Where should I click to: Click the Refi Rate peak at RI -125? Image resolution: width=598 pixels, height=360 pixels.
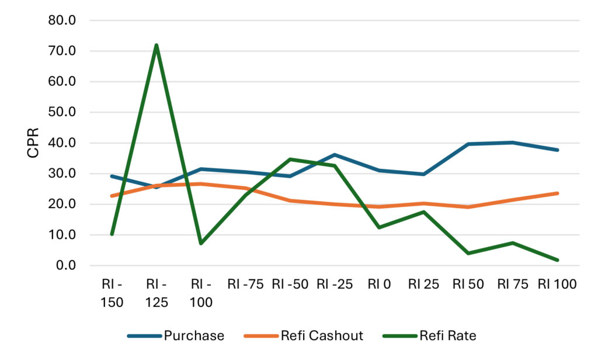157,45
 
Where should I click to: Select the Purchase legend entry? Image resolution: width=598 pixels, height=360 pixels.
193,335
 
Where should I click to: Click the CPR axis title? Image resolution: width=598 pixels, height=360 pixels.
33,143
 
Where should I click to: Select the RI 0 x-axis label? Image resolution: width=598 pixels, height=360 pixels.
380,285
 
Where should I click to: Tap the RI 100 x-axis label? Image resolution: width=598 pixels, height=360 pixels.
558,285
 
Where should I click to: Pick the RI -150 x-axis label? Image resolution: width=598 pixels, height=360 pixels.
112,293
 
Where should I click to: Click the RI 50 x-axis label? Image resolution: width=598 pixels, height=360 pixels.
469,285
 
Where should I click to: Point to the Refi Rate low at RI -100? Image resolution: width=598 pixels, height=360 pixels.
201,243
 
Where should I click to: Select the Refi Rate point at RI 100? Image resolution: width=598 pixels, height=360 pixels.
558,260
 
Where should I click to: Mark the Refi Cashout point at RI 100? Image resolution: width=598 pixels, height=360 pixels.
558,193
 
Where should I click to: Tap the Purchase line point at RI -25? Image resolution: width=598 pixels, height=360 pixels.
335,155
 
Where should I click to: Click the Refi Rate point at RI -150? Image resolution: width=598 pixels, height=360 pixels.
112,234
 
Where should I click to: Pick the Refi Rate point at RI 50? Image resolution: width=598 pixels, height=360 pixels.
469,253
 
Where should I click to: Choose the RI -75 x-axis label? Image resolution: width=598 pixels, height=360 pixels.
246,285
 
